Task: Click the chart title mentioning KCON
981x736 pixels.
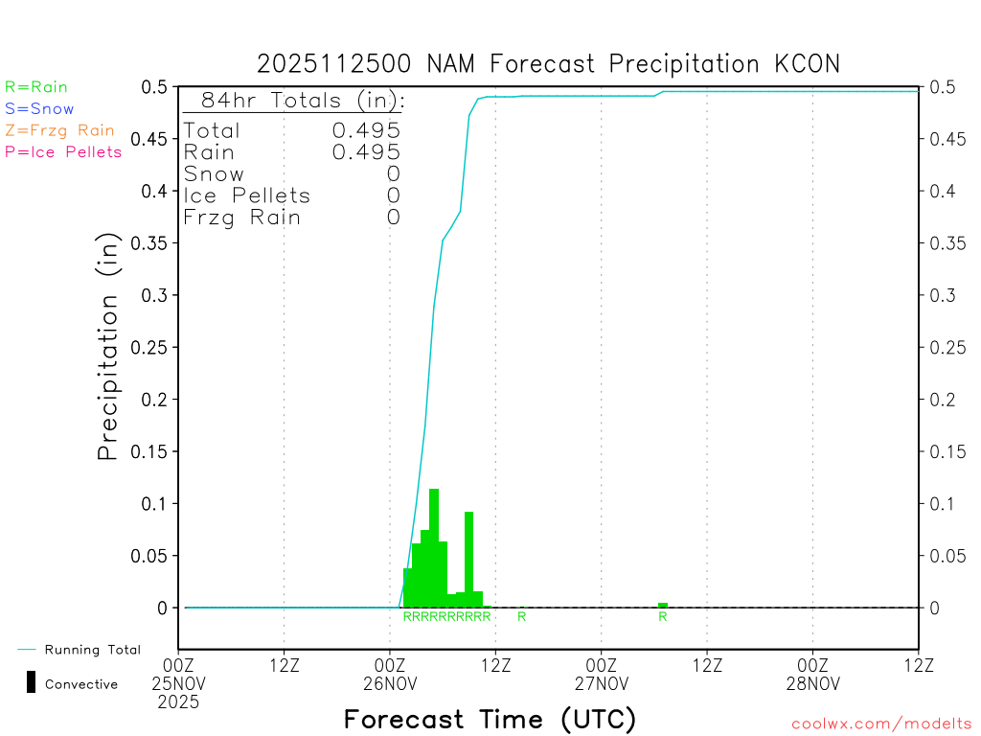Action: click(548, 64)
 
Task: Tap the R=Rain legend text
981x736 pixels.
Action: click(36, 87)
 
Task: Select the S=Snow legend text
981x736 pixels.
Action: click(39, 109)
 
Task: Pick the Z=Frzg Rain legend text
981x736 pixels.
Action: click(59, 130)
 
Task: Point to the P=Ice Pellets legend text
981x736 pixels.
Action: click(63, 151)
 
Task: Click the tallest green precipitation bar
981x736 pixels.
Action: click(434, 546)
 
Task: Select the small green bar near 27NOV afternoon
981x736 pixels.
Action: click(663, 605)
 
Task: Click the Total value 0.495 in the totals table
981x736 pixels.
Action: click(366, 130)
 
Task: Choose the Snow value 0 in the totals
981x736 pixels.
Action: click(393, 174)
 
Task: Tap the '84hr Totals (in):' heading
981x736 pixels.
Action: click(294, 100)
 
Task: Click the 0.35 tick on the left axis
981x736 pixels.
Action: click(152, 243)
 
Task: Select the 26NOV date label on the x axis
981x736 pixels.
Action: click(390, 683)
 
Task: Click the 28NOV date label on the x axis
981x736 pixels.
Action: click(812, 683)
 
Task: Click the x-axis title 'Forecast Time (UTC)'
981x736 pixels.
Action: click(490, 719)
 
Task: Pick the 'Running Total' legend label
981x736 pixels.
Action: click(92, 650)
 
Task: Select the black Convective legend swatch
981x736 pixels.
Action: click(32, 682)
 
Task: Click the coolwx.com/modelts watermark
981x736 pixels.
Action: click(881, 724)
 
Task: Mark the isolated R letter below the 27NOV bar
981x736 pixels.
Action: click(663, 616)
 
